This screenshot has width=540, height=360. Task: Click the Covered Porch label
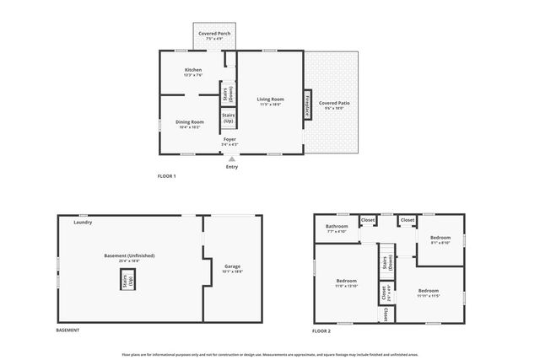click(x=214, y=35)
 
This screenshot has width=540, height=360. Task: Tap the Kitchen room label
click(x=193, y=71)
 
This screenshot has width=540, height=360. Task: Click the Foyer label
click(x=229, y=140)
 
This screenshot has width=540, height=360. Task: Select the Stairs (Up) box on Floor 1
click(x=229, y=118)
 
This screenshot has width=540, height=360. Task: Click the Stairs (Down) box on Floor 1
click(x=229, y=92)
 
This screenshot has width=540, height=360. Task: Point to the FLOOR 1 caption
click(x=166, y=176)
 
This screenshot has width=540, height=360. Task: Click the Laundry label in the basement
click(x=83, y=223)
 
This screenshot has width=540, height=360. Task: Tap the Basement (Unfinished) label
click(x=129, y=256)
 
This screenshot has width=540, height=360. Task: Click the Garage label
click(x=231, y=268)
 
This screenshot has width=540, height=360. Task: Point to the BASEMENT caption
click(x=67, y=330)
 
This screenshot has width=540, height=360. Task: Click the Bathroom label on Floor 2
click(x=337, y=228)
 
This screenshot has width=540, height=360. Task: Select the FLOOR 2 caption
click(x=321, y=331)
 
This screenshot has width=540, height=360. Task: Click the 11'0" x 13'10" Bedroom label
click(x=347, y=282)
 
